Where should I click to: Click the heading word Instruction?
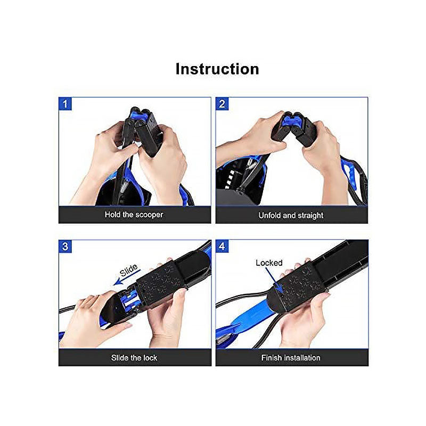[x=217, y=69]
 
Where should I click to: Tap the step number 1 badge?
[x=65, y=104]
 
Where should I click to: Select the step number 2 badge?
[x=222, y=104]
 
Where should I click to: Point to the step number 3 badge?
[x=65, y=247]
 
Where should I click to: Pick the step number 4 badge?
[x=222, y=247]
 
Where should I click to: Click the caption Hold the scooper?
[x=134, y=215]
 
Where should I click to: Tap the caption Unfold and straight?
[x=291, y=216]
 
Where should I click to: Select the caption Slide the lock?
[x=134, y=358]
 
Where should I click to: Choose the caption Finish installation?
[x=291, y=358]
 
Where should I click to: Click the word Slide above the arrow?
[x=129, y=270]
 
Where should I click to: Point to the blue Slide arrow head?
[x=117, y=283]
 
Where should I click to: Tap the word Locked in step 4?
[x=269, y=263]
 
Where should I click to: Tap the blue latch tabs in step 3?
[x=130, y=301]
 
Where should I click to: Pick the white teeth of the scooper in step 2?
[x=230, y=180]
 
